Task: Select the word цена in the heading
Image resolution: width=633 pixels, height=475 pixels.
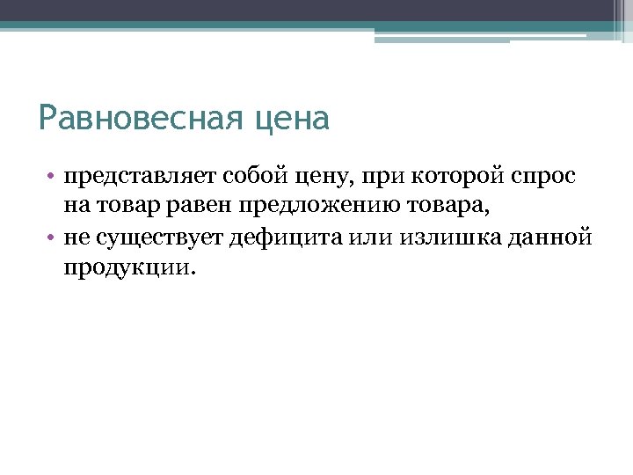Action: (294, 119)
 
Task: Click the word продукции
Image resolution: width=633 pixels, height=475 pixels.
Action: (125, 267)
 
